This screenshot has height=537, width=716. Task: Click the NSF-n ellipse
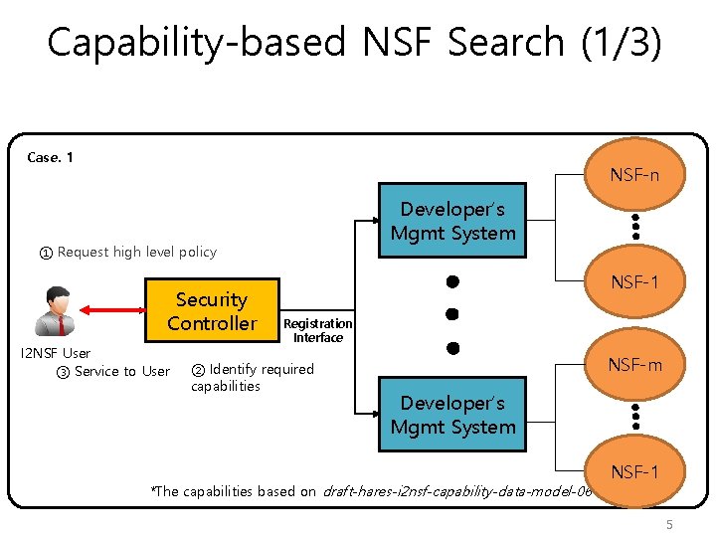coord(633,175)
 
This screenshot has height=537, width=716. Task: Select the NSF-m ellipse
coord(633,365)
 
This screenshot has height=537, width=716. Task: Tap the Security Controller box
coord(211,311)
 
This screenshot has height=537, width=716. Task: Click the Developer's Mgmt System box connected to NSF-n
coord(452,222)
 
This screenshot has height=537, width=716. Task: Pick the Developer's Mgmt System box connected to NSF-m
coord(452,415)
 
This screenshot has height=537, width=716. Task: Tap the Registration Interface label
coord(317,330)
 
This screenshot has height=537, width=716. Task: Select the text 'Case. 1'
coord(50,157)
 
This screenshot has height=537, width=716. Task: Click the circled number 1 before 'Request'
coord(46,253)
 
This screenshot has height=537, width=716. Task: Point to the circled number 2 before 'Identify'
coord(198,370)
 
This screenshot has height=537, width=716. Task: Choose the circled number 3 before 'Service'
coord(63,372)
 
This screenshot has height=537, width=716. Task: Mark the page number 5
coord(669,523)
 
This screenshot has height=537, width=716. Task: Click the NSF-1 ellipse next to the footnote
coord(633,471)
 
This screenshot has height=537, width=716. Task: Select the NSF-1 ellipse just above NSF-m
coord(633,282)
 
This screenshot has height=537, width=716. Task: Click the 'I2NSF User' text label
coord(56,353)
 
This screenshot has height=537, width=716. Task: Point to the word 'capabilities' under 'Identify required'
coord(226,386)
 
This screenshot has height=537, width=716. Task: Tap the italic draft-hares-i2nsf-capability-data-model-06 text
coord(456,491)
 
